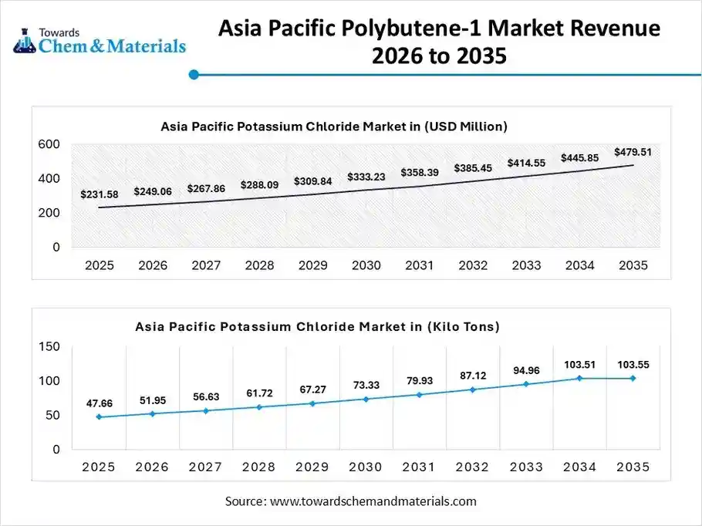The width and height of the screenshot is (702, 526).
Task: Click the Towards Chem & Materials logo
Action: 100,39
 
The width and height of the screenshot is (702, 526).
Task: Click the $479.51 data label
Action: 633,153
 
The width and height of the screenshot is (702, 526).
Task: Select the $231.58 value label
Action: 100,194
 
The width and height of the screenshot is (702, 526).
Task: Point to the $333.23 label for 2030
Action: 366,177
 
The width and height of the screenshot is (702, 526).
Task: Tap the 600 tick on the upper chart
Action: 49,144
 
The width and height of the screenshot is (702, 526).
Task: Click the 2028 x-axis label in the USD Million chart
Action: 259,265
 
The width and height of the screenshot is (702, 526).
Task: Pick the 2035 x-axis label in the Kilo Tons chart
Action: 633,467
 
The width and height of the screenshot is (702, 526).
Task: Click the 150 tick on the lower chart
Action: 49,347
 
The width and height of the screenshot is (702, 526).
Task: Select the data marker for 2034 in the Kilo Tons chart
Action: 579,378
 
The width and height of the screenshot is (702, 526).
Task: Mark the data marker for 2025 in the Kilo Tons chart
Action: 100,417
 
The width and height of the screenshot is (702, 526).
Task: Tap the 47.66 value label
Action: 100,403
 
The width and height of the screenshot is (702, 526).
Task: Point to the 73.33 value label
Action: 366,385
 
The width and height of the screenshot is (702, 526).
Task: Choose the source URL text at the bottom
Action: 351,501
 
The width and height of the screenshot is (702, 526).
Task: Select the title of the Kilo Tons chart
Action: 317,327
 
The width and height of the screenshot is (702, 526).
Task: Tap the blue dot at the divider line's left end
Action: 194,75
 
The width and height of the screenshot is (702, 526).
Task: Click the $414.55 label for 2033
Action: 526,164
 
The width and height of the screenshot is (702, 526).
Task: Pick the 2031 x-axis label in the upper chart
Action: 420,265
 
